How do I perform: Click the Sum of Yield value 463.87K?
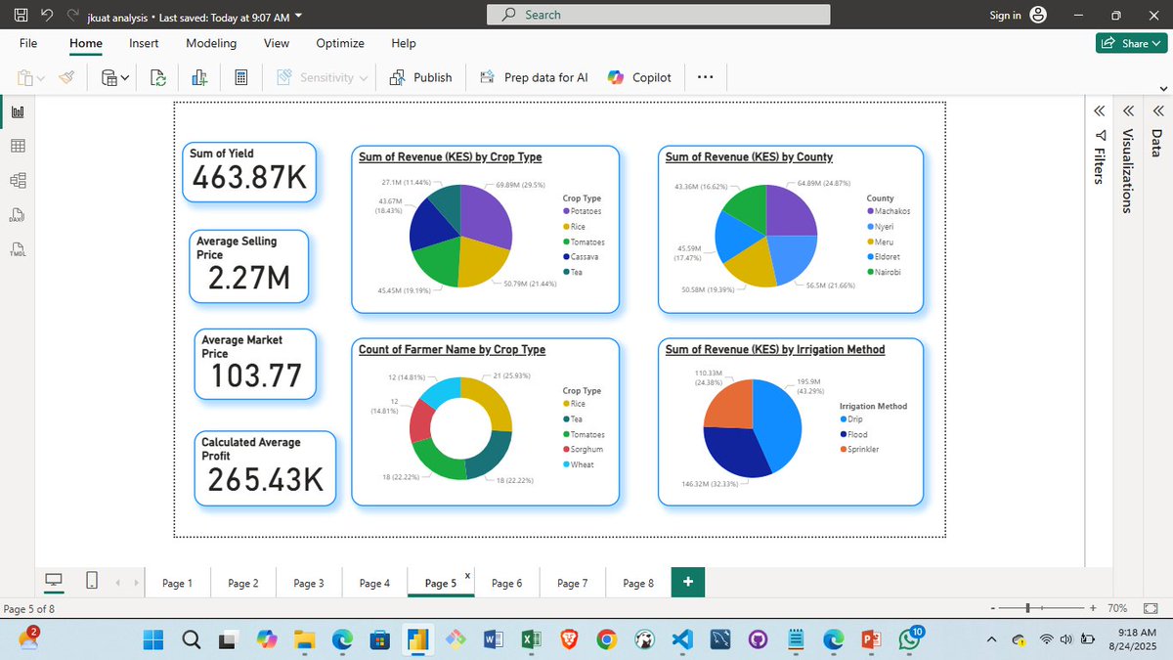(x=249, y=178)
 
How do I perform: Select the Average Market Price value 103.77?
(x=256, y=375)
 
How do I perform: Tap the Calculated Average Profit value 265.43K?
(x=266, y=479)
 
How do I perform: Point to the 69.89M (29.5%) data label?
(x=520, y=184)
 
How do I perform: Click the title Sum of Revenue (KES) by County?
(x=749, y=156)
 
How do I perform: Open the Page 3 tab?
(x=308, y=584)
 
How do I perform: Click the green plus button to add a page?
(x=688, y=583)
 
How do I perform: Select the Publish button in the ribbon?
(x=421, y=77)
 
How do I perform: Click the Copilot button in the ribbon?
(x=640, y=77)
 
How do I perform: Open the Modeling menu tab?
(x=211, y=43)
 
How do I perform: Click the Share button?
(x=1132, y=43)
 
